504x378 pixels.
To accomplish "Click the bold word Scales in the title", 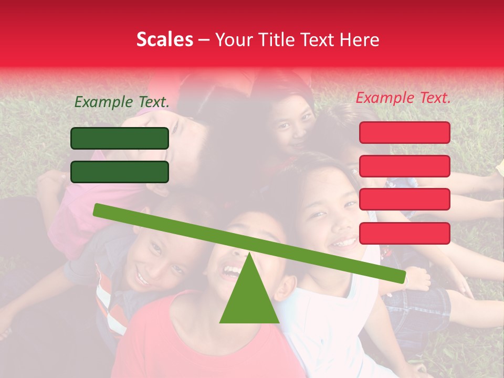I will pos(164,40).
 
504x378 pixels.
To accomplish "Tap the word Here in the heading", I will pos(360,40).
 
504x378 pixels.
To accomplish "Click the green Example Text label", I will pos(122,102).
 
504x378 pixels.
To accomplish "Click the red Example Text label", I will pos(403,98).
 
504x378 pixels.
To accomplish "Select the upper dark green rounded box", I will pos(120,138).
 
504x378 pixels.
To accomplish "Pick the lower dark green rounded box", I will pos(120,172).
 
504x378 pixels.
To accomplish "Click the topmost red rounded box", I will pos(405,132).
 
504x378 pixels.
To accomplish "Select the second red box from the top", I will pos(405,166).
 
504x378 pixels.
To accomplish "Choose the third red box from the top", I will pos(405,199).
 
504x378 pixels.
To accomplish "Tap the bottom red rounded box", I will pos(405,233).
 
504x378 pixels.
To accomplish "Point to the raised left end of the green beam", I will pos(98,209).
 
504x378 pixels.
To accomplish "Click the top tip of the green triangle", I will pos(249,255).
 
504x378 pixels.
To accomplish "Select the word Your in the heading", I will pos(232,40).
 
